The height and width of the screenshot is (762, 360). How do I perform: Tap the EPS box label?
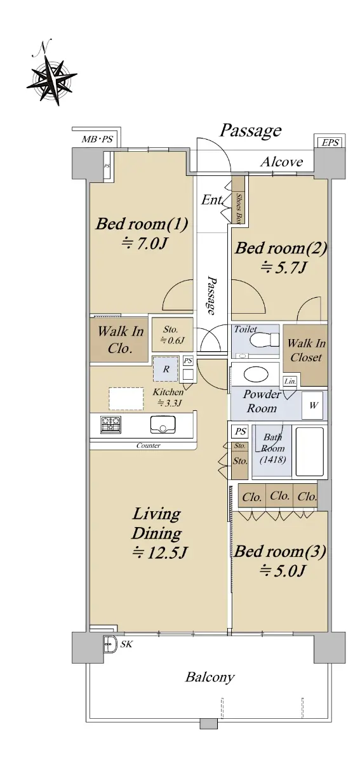click(x=330, y=142)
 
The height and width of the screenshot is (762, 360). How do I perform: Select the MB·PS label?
click(x=97, y=139)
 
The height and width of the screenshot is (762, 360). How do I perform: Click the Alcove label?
click(x=281, y=162)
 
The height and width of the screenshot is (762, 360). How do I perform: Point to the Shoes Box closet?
click(x=238, y=200)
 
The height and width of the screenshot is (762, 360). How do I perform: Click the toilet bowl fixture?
click(x=264, y=340)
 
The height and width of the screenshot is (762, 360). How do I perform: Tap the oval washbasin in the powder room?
click(x=257, y=374)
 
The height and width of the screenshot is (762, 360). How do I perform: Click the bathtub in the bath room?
click(x=309, y=451)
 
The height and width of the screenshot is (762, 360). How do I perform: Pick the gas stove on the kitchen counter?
click(x=110, y=425)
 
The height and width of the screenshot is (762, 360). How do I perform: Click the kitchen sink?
click(x=163, y=425)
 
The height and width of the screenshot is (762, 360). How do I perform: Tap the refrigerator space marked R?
click(x=166, y=369)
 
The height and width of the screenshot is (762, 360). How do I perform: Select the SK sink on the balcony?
click(x=109, y=644)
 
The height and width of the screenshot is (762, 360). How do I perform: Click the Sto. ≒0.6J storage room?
click(x=172, y=335)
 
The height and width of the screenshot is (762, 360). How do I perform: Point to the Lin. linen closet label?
click(x=290, y=382)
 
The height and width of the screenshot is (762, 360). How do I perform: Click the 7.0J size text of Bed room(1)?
click(x=145, y=244)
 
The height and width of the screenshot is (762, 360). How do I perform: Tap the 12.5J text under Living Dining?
click(x=159, y=552)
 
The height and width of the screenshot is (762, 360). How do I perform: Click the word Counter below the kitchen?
click(x=149, y=445)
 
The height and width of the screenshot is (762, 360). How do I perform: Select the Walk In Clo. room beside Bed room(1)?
click(x=119, y=340)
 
